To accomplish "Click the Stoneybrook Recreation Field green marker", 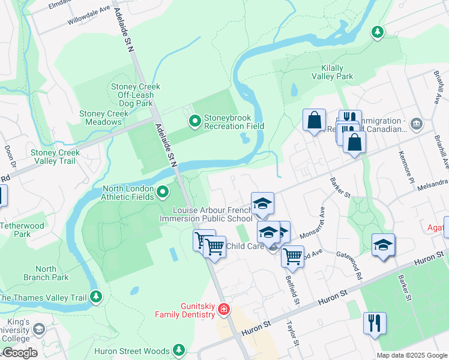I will point(195,122).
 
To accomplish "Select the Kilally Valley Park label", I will point(332,72).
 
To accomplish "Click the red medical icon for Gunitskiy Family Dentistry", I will point(224,310).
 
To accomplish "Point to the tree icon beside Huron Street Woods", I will point(178,350).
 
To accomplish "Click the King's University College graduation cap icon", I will point(39,329).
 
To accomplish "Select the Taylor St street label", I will point(292,334).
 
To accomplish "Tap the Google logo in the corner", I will point(19,353).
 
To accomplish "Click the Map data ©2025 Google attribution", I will point(411,355).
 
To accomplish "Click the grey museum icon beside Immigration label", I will point(417,124).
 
